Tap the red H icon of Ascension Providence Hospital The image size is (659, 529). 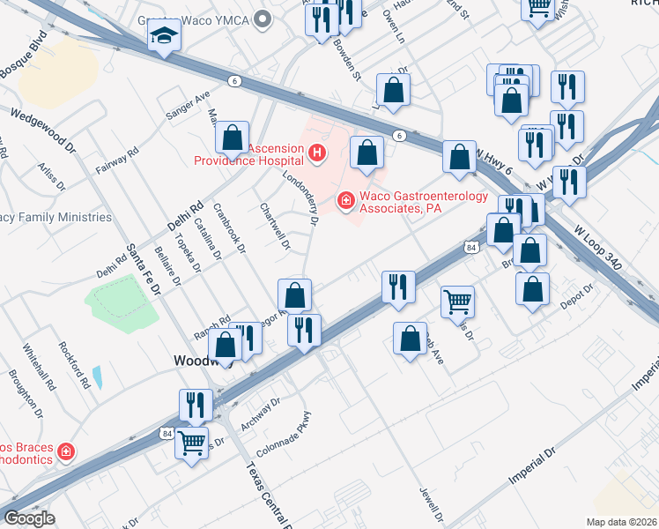click(x=317, y=155)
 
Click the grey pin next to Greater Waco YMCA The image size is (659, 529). click(x=260, y=19)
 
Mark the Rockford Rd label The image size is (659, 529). click(x=74, y=365)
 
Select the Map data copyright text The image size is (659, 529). click(x=621, y=522)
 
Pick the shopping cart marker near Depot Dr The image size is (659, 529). click(x=457, y=302)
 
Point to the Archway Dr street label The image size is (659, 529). click(x=260, y=412)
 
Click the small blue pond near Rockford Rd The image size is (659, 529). click(x=96, y=377)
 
